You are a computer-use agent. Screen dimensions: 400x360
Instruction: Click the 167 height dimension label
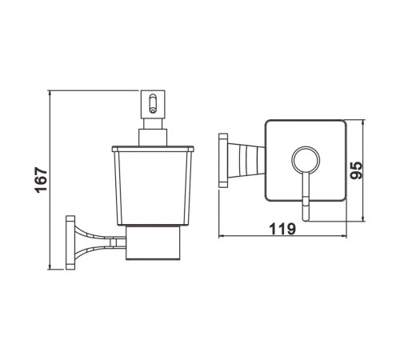click(x=41, y=180)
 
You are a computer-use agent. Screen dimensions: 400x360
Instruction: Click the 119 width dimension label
click(x=282, y=229)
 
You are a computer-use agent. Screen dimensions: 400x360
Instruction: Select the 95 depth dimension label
click(x=357, y=170)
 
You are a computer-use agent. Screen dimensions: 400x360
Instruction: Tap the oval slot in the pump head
click(x=153, y=103)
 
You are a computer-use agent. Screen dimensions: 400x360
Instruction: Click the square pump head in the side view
click(x=153, y=104)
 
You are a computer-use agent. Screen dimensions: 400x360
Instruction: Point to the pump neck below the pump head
click(x=153, y=124)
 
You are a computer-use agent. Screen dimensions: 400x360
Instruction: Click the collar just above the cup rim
click(x=153, y=138)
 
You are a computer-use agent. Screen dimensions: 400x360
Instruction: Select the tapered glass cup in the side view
click(x=153, y=186)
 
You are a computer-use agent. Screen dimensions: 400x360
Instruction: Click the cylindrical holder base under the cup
click(x=153, y=242)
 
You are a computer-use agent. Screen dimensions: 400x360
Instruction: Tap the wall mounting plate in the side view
click(x=70, y=242)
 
